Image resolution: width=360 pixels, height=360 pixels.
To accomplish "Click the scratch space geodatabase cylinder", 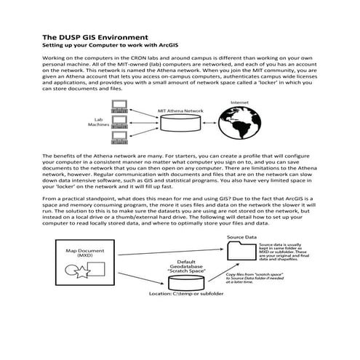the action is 183,279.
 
